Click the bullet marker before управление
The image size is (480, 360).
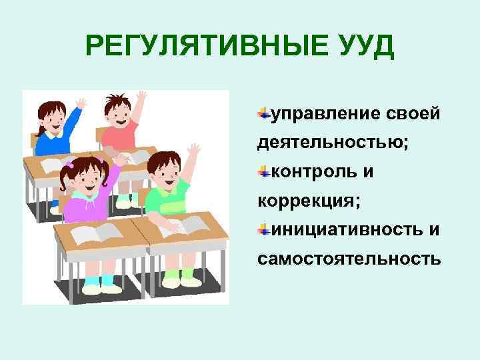[264, 114]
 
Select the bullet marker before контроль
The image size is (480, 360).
[264, 172]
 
